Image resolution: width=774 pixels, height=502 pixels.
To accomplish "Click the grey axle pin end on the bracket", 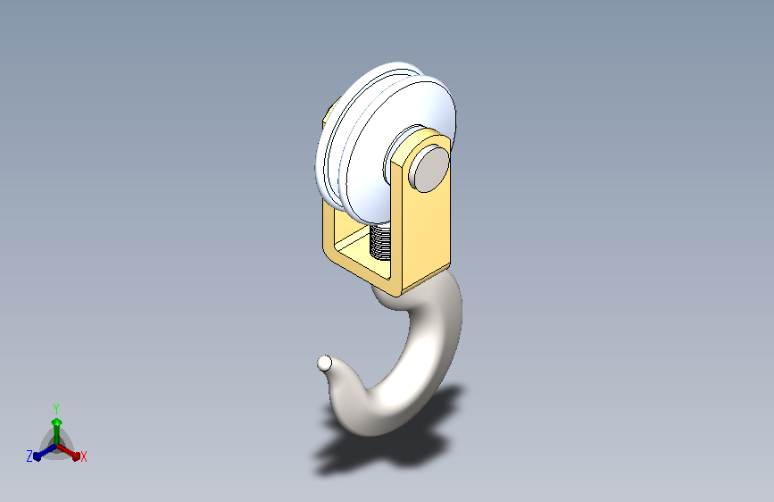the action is pyautogui.click(x=430, y=169).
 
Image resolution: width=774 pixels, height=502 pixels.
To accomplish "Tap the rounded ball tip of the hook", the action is pyautogui.click(x=324, y=364).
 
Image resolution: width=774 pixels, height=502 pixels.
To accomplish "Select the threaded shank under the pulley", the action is pyautogui.click(x=380, y=242).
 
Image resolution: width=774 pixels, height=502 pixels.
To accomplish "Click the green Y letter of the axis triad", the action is pyautogui.click(x=56, y=408).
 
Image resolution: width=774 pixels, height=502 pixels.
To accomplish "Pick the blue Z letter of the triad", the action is pyautogui.click(x=29, y=456).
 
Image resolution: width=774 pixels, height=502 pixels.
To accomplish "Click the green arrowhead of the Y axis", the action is pyautogui.click(x=57, y=423).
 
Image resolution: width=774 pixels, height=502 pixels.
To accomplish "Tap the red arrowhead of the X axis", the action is pyautogui.click(x=75, y=456).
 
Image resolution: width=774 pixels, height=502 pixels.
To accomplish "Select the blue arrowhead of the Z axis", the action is pyautogui.click(x=37, y=456).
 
